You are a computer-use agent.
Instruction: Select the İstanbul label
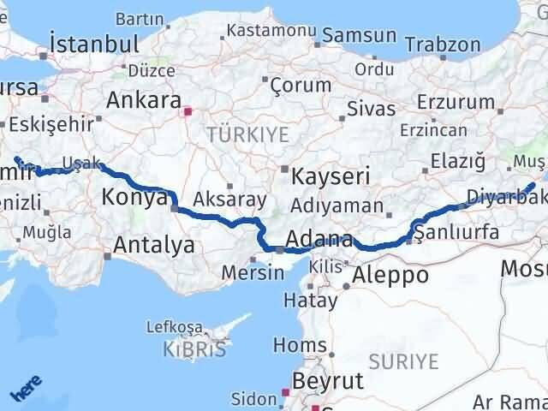coord(94,44)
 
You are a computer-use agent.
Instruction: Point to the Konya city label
coord(134,198)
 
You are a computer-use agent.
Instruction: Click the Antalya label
coord(154,246)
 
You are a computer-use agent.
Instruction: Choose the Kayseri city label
coord(331,177)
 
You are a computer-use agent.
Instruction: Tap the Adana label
coord(321,239)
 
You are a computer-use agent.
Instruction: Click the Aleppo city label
coord(390,275)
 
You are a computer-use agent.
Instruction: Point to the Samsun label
coord(360,36)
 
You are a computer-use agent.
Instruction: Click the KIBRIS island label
coord(198,349)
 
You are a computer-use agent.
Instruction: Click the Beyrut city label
coord(328,380)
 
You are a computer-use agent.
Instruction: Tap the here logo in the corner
coord(27,388)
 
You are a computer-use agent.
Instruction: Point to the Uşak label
coord(87,164)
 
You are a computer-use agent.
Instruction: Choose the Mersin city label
coord(253,272)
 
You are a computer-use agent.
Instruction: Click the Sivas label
coord(372,109)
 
